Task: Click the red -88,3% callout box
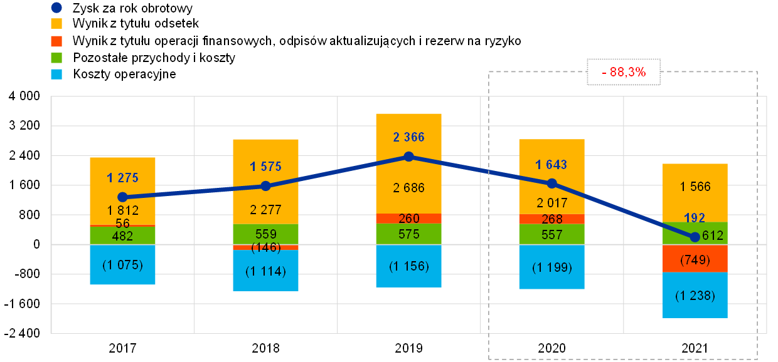point(624,72)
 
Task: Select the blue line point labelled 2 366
point(408,157)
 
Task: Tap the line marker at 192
point(695,237)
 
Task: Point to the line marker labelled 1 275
point(122,197)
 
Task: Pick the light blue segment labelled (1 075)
point(122,265)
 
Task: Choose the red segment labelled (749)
point(695,259)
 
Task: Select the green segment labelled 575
point(408,234)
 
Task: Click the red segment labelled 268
point(552,219)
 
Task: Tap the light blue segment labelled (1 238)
point(695,296)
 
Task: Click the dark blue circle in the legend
point(56,8)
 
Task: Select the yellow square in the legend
point(56,24)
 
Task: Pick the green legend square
point(56,58)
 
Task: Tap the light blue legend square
point(56,74)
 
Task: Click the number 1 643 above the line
point(552,165)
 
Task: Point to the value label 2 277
point(265,210)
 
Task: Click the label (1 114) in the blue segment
point(265,271)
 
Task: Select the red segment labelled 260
point(408,219)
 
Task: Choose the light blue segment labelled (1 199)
point(552,267)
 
